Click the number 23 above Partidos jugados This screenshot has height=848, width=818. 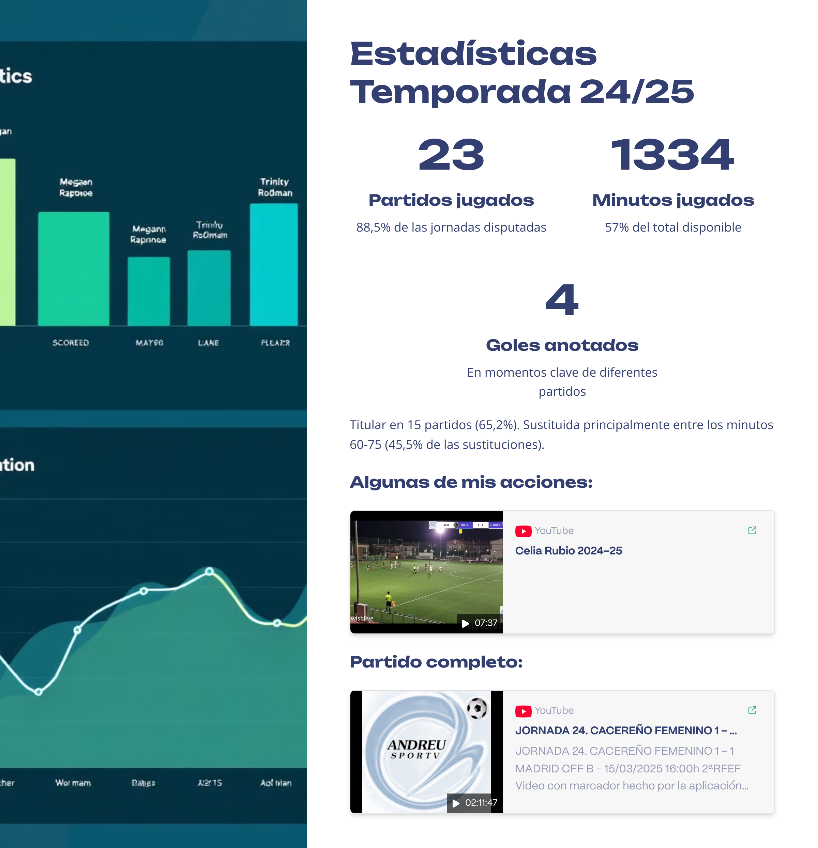451,155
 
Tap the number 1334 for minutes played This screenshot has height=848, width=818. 672,155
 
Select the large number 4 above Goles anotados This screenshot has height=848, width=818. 562,299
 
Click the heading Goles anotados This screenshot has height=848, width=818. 562,345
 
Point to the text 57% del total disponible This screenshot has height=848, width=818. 672,227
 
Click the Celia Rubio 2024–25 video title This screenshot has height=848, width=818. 568,551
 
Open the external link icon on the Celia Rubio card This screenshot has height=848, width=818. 752,531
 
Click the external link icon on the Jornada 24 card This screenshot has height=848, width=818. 752,710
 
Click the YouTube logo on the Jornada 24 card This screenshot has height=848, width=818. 523,711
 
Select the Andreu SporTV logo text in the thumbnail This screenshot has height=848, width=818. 416,749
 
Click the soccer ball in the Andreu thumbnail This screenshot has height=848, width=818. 477,709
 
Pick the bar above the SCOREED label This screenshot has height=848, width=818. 74,268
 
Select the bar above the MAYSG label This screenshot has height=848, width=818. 149,291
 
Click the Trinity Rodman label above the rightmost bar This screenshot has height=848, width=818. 275,187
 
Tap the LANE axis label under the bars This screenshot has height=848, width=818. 208,343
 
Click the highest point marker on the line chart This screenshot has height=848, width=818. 209,571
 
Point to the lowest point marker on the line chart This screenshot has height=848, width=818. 39,692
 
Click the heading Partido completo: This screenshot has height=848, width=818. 436,662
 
